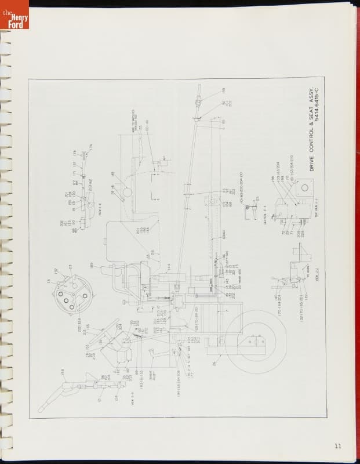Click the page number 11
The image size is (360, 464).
(337, 445)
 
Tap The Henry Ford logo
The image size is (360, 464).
(14, 15)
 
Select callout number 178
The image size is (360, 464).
(75, 153)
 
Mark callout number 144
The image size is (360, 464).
(168, 266)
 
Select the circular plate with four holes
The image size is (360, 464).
(72, 296)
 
